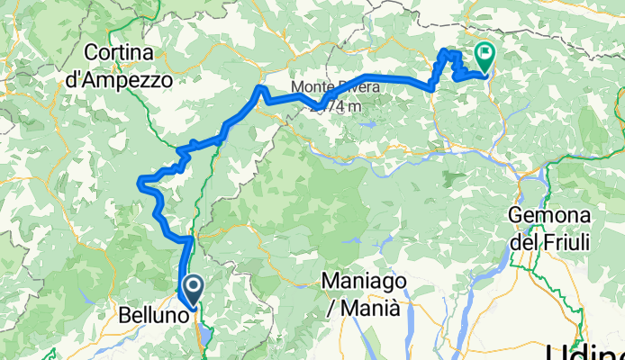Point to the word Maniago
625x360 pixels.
(x=364, y=283)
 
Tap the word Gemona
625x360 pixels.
(x=548, y=216)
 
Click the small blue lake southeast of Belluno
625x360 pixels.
(x=206, y=336)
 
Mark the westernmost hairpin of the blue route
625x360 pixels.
(x=139, y=184)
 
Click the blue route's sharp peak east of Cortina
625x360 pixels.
(x=260, y=87)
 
